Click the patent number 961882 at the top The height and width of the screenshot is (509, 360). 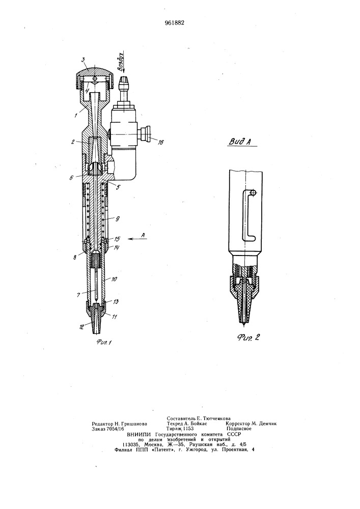tap(174, 23)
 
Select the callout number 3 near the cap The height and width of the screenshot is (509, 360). tap(83, 60)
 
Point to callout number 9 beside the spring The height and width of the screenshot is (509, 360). tap(117, 219)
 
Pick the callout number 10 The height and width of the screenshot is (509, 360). tap(115, 279)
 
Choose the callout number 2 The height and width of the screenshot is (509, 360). tap(73, 142)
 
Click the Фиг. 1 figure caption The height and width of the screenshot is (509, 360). tap(102, 342)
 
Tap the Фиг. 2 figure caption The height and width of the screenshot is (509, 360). tap(248, 337)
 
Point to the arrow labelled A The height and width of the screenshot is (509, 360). tap(137, 239)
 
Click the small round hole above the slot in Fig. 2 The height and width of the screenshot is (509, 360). tap(254, 193)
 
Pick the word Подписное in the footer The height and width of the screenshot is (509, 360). tap(239, 429)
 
